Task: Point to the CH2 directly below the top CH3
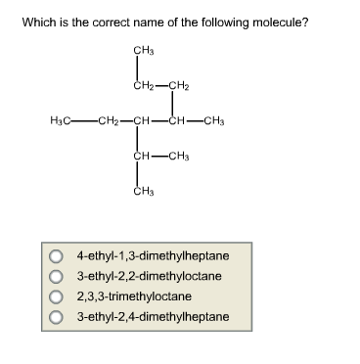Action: tap(143, 86)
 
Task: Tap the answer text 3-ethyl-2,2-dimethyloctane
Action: tap(148, 277)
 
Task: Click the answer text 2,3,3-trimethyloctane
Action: tap(133, 296)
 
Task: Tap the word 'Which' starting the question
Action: tap(38, 22)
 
